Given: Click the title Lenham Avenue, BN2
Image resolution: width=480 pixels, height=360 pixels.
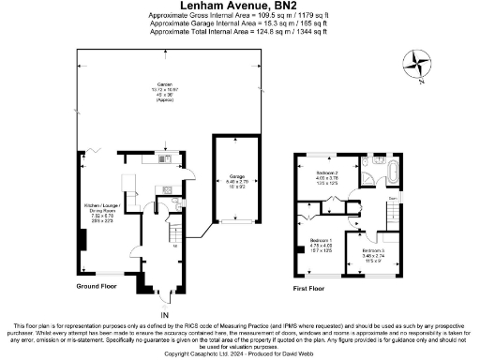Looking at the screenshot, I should pyautogui.click(x=239, y=6).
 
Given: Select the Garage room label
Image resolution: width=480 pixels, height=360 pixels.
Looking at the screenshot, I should pyautogui.click(x=234, y=178).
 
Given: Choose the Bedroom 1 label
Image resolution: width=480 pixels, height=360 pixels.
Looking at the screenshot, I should pyautogui.click(x=322, y=245).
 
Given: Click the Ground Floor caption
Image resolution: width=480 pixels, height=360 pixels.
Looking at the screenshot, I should pyautogui.click(x=97, y=286).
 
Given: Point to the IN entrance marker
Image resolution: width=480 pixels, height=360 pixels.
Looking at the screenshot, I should pyautogui.click(x=165, y=315).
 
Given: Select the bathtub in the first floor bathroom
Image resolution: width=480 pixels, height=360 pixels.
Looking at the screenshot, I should pyautogui.click(x=391, y=174).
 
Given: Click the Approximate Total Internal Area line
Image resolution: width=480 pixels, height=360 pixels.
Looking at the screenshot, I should pyautogui.click(x=239, y=32).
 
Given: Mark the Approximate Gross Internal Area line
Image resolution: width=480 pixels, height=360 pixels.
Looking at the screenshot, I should pyautogui.click(x=239, y=16).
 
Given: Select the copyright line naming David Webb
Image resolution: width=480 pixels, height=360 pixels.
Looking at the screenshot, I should pyautogui.click(x=239, y=354).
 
